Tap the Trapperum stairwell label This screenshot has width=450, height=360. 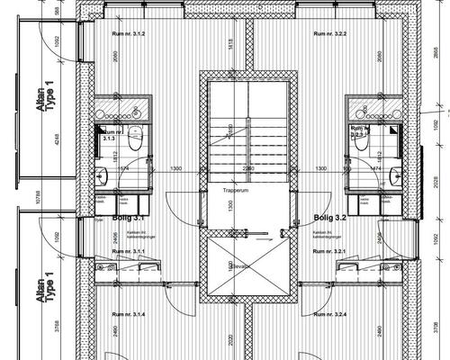[x=229, y=191]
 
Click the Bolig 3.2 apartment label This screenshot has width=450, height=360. [x=329, y=218]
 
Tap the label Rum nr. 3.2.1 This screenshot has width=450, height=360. [x=328, y=251]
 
